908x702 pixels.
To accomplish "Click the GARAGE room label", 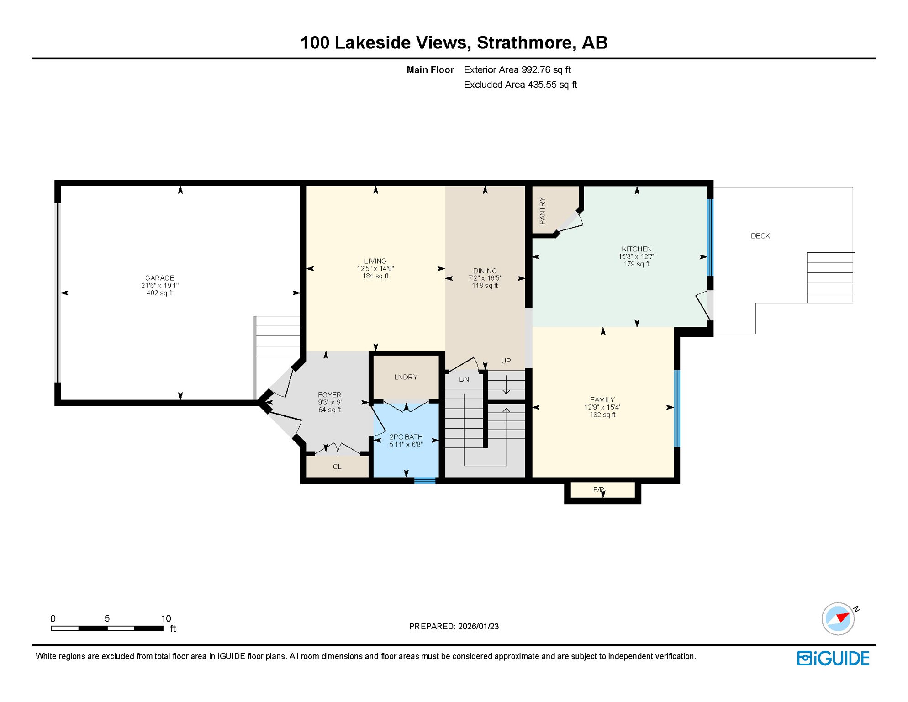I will coord(159,278).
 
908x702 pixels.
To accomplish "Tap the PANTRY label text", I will coord(542,211).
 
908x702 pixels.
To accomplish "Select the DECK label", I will coord(760,236).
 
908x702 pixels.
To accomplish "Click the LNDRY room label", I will coord(406,377).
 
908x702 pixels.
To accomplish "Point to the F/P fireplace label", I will coord(598,489).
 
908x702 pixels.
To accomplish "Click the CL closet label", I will coord(337,467).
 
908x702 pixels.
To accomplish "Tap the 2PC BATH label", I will coord(406,437).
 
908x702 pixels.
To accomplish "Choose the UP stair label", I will coord(506,361).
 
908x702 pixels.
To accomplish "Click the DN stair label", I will coord(464,379).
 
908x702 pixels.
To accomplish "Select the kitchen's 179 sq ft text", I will coord(636,264).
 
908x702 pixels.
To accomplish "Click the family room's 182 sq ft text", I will coord(602,415).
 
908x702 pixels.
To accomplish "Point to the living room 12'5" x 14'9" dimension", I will coord(375,269).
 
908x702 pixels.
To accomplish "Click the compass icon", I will coord(838,618).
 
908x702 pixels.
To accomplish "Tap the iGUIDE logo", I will coord(833,658).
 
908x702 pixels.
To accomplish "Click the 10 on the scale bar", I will coord(165,618).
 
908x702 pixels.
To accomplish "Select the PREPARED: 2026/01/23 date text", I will coord(454,626).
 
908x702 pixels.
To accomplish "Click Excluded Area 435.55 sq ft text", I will coord(520,85).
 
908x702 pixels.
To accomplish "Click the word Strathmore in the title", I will coord(524,43).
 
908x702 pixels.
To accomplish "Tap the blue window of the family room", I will coord(677,408).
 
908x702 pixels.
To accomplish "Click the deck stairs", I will coord(829,277).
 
